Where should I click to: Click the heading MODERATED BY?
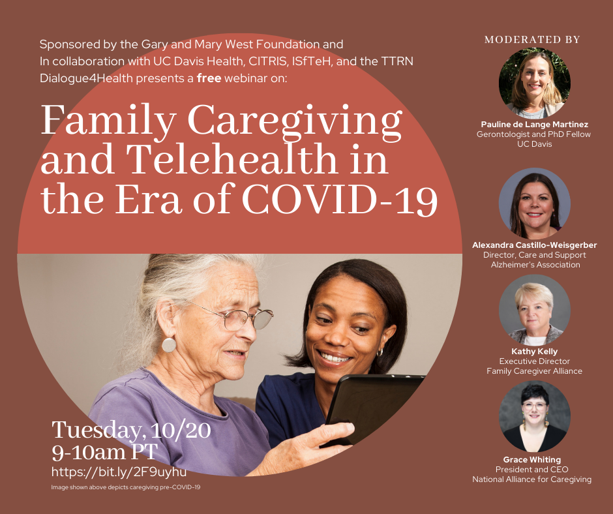click(x=532, y=40)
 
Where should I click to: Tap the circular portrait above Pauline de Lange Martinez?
click(x=535, y=83)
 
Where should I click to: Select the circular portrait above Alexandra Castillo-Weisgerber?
click(x=535, y=204)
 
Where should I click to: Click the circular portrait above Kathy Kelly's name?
click(x=535, y=310)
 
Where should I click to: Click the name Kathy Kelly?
click(x=535, y=352)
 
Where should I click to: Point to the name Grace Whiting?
click(x=532, y=460)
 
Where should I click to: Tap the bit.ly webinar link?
click(x=119, y=472)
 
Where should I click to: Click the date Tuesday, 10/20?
click(x=131, y=430)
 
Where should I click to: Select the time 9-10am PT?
click(x=104, y=452)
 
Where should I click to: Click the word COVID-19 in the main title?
click(x=340, y=200)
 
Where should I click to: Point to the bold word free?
click(x=209, y=78)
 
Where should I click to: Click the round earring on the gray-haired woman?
click(x=169, y=345)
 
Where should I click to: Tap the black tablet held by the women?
click(x=374, y=407)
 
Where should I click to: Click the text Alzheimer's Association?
click(x=535, y=265)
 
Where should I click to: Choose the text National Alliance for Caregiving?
click(x=531, y=479)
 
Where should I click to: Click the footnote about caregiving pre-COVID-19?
click(x=125, y=487)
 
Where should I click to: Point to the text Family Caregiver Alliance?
click(x=535, y=371)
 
